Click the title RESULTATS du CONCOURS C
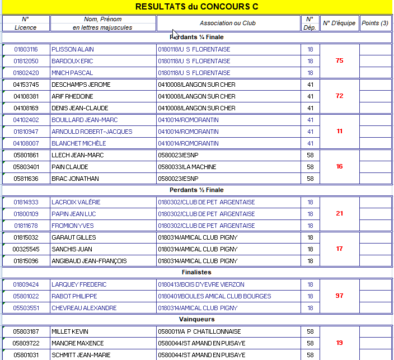[197, 7]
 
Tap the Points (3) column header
[374, 23]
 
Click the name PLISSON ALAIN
[70, 49]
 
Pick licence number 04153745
[26, 85]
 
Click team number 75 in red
[339, 60]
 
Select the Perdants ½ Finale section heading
[196, 190]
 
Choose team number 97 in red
[339, 296]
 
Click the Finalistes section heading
[196, 273]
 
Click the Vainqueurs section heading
[196, 320]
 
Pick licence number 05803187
[26, 331]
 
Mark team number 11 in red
[339, 131]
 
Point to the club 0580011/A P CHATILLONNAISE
[199, 331]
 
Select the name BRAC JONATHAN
[75, 179]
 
